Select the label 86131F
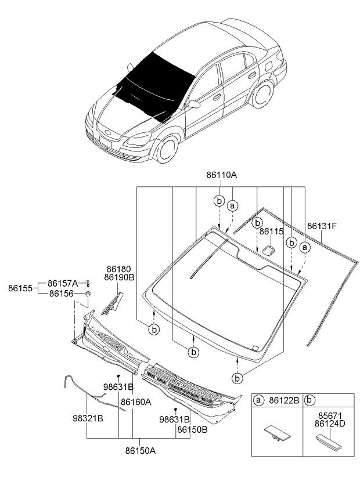pyautogui.click(x=322, y=226)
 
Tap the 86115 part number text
pyautogui.click(x=271, y=231)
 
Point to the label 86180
pyautogui.click(x=120, y=269)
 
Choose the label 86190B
pyautogui.click(x=120, y=277)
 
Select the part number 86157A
pyautogui.click(x=63, y=283)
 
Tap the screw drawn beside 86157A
pyautogui.click(x=87, y=283)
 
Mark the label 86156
pyautogui.click(x=61, y=294)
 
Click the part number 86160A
pyautogui.click(x=136, y=401)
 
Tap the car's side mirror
pyautogui.click(x=193, y=104)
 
